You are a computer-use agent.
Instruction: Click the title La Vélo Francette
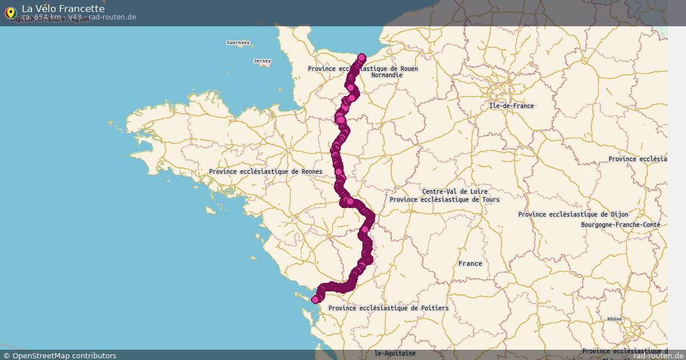63,9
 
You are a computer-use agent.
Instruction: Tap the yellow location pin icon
10,12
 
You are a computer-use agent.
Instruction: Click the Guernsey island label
238,42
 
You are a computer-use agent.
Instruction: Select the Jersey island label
262,61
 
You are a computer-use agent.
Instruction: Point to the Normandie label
386,75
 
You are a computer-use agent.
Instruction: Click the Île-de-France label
512,106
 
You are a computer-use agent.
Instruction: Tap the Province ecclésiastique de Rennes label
265,171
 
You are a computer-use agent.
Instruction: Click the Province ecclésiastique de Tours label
444,199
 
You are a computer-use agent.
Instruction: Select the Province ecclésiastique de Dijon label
573,214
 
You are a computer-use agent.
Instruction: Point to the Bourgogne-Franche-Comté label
620,225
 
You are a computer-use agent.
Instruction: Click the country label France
470,263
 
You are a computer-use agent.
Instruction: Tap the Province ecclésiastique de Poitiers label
388,308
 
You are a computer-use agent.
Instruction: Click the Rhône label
614,319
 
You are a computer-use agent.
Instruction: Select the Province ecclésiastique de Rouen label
362,69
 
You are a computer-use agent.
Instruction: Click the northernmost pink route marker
362,57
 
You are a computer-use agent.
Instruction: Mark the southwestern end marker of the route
315,299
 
